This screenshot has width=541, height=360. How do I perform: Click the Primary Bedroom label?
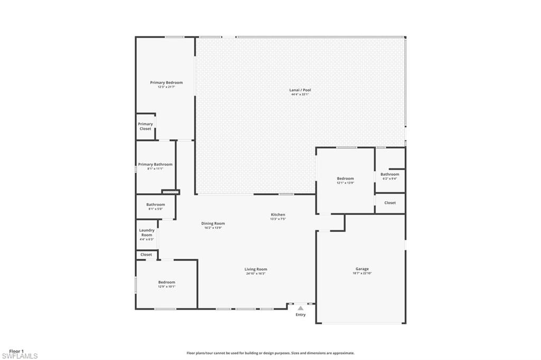point(166,83)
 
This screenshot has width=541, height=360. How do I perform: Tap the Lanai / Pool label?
point(300,90)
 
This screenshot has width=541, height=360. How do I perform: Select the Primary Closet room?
point(145,127)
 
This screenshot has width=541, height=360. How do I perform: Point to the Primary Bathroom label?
point(155,165)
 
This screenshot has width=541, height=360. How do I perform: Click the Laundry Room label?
point(146,232)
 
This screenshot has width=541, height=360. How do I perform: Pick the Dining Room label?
point(213,223)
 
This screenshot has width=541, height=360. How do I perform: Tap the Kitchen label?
point(278,215)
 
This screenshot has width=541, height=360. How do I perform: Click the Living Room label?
point(256,269)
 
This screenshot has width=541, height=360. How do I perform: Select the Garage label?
point(362,269)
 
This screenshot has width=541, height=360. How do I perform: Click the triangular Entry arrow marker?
point(300,308)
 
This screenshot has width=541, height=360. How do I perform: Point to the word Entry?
point(300,315)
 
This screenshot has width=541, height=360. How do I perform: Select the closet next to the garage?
point(390,203)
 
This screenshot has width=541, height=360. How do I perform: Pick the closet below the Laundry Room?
point(146,254)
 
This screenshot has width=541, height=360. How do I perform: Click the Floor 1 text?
point(16,351)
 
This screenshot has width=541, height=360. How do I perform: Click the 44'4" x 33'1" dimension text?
point(300,94)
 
